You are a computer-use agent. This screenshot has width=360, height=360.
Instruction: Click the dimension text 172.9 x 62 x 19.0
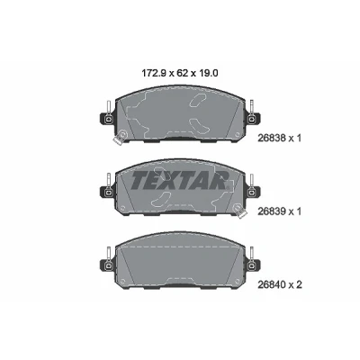pyautogui.click(x=179, y=73)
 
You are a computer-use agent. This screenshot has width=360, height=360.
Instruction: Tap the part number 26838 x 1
pyautogui.click(x=279, y=138)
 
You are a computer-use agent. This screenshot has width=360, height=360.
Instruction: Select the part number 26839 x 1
pyautogui.click(x=279, y=211)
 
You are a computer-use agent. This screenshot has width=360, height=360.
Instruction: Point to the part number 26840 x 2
pyautogui.click(x=280, y=284)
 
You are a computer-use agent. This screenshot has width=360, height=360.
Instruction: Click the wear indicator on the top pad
pyautogui.click(x=120, y=137)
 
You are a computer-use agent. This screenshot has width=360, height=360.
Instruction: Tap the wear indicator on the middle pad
pyautogui.click(x=240, y=211)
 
